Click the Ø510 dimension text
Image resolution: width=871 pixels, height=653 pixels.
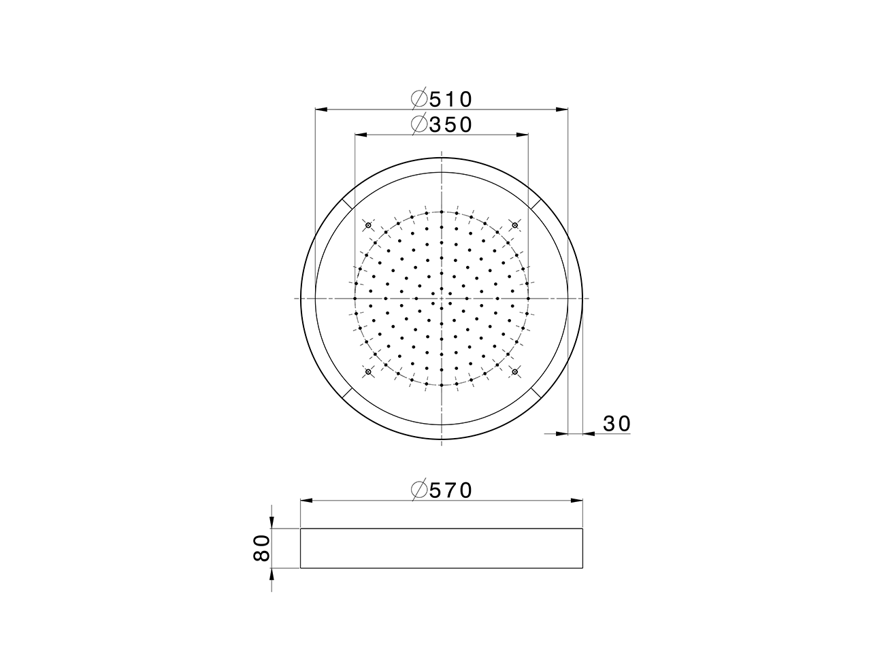[x=442, y=99]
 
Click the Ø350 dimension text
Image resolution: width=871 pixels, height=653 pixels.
[x=442, y=124]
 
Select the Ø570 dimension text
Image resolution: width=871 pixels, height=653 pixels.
[x=442, y=490]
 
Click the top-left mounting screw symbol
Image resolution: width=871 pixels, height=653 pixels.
[x=368, y=225]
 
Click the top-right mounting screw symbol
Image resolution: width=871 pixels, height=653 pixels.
[x=515, y=225]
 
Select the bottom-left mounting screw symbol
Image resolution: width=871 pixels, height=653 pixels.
[x=368, y=371]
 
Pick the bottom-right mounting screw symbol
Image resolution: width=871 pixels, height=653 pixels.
[x=515, y=371]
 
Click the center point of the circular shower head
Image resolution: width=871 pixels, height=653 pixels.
[x=442, y=298]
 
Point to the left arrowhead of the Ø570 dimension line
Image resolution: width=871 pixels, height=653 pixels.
[x=307, y=501]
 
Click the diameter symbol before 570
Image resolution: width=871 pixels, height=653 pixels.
[x=419, y=490]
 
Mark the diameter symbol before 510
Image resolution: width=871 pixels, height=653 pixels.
[x=419, y=99]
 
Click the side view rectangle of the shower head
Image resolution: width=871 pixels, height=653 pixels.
[x=442, y=548]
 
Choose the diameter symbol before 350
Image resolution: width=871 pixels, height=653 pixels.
[x=419, y=124]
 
